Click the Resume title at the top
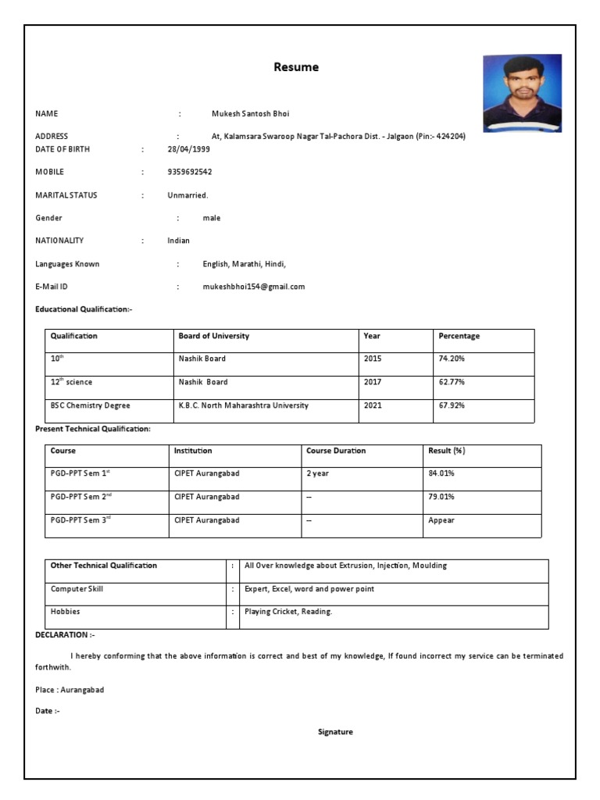pyautogui.click(x=296, y=67)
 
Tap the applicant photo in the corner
pyautogui.click(x=522, y=93)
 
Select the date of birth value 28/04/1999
pyautogui.click(x=188, y=148)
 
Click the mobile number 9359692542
pyautogui.click(x=189, y=172)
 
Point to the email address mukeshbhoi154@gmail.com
pyautogui.click(x=254, y=287)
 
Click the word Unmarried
pyautogui.click(x=187, y=195)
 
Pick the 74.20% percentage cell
pyautogui.click(x=452, y=359)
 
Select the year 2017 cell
pyautogui.click(x=373, y=382)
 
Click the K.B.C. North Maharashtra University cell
pyautogui.click(x=243, y=405)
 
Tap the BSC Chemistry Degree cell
pyautogui.click(x=91, y=405)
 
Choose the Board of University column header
pyautogui.click(x=214, y=336)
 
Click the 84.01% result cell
pyautogui.click(x=441, y=473)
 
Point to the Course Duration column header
pyautogui.click(x=336, y=451)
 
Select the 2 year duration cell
pyautogui.click(x=318, y=473)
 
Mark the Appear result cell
pyautogui.click(x=441, y=520)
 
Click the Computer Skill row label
pyautogui.click(x=77, y=589)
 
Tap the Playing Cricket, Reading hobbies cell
pyautogui.click(x=288, y=612)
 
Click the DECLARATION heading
pyautogui.click(x=65, y=634)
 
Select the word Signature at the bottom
pyautogui.click(x=335, y=732)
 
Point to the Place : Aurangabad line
pyautogui.click(x=70, y=690)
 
